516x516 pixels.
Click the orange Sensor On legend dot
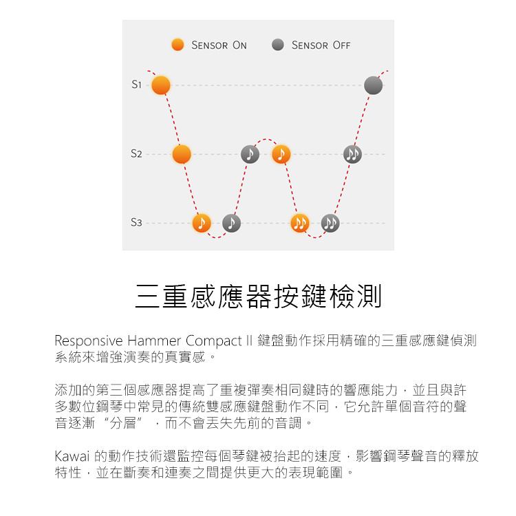(x=178, y=45)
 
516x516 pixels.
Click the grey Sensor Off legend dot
(x=278, y=45)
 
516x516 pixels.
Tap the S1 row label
(x=136, y=85)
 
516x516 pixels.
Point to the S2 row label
(x=136, y=154)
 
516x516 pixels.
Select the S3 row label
(x=136, y=223)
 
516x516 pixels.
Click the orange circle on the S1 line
(x=161, y=85)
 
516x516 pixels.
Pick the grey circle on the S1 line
(x=373, y=85)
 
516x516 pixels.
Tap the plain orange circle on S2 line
(x=182, y=154)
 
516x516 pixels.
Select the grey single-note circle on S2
(x=250, y=154)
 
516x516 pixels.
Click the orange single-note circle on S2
(x=280, y=154)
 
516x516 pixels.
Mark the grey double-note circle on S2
(x=352, y=154)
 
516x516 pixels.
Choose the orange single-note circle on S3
(x=202, y=223)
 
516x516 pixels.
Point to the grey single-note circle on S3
(x=232, y=223)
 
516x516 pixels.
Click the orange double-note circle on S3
(x=300, y=223)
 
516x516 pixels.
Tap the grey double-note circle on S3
(x=330, y=223)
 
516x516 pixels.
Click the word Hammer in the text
(x=156, y=341)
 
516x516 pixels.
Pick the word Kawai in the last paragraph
(x=71, y=455)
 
